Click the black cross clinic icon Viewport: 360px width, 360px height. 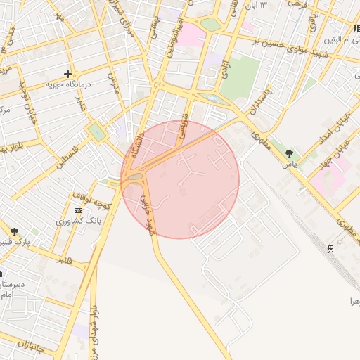67,74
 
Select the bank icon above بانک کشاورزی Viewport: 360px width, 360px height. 78,210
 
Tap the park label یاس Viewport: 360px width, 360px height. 290,164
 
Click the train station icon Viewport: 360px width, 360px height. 330,248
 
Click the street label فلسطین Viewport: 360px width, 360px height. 67,156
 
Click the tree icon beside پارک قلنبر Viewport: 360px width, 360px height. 14,231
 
